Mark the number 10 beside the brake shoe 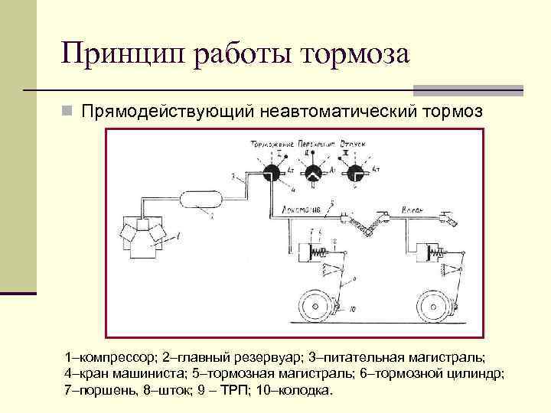(x=353, y=311)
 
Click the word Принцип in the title (x=119, y=54)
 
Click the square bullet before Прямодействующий (x=67, y=112)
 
